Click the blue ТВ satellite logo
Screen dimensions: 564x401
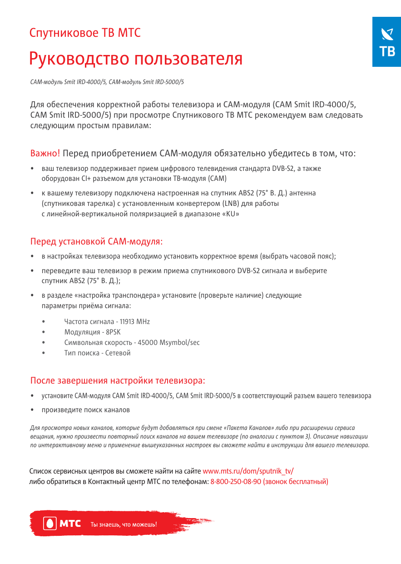[x=386, y=42]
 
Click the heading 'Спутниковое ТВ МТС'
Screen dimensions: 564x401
[x=85, y=33]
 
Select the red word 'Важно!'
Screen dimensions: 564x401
[x=45, y=153]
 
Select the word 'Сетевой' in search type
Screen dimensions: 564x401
[x=118, y=353]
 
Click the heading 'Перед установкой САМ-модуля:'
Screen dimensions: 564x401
[x=96, y=241]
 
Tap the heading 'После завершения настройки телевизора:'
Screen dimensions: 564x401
[x=118, y=380]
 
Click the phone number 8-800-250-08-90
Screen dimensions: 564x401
[x=236, y=481]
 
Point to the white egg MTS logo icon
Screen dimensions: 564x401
[x=50, y=524]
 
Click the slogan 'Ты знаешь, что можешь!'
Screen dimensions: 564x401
[x=124, y=524]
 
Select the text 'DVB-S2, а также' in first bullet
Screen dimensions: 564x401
[x=297, y=169]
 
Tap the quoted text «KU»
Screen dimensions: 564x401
[x=229, y=214]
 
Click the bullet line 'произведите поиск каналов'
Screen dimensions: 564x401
[x=85, y=410]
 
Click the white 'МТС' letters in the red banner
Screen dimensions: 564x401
[x=70, y=524]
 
